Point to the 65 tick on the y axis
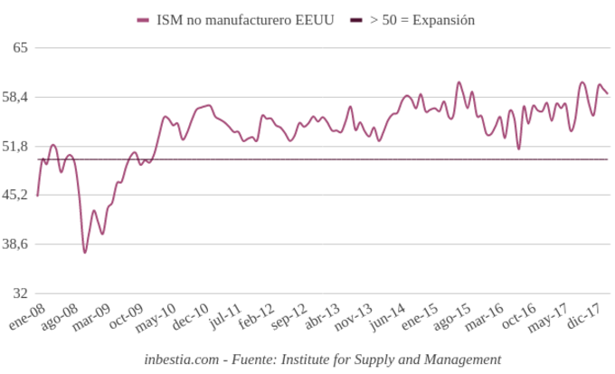pos(22,47)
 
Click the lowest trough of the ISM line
pos(85,252)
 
